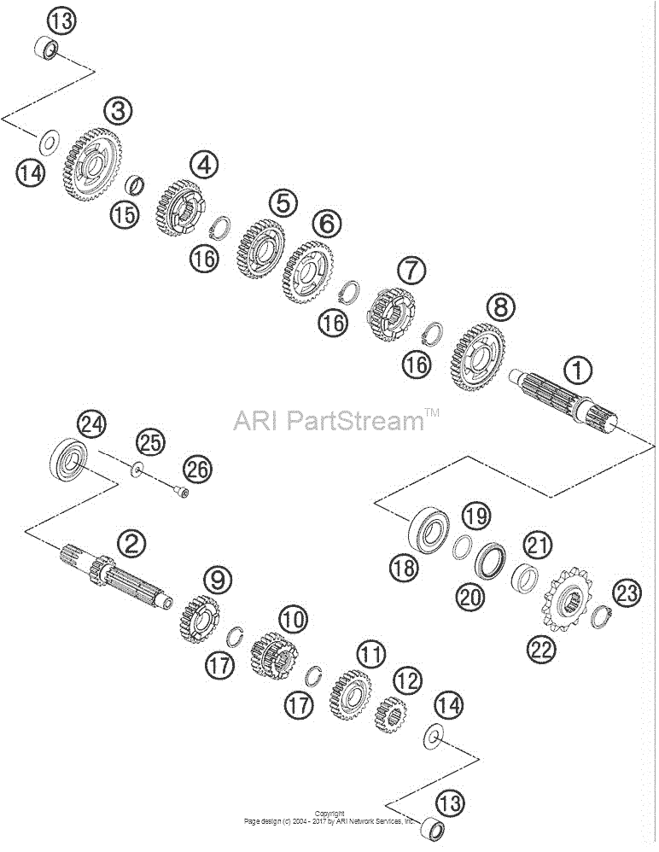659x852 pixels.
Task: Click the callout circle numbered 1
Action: (x=578, y=371)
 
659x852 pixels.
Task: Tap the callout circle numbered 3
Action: (x=118, y=111)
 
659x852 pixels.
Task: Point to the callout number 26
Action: (x=197, y=469)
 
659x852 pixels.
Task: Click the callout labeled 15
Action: (x=125, y=214)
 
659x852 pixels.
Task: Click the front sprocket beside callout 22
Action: (x=567, y=600)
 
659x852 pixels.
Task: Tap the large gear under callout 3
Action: (x=92, y=165)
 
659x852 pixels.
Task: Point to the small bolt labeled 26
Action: (x=182, y=492)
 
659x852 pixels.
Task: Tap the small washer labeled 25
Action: (x=137, y=468)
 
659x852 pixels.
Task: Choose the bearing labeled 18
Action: (x=429, y=530)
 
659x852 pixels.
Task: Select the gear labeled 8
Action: (x=477, y=357)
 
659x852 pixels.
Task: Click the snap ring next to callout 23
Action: (x=602, y=616)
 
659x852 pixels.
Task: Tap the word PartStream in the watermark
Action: (x=355, y=420)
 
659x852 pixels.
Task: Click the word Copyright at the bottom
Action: (x=329, y=814)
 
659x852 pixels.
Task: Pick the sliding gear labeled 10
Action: (x=274, y=657)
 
